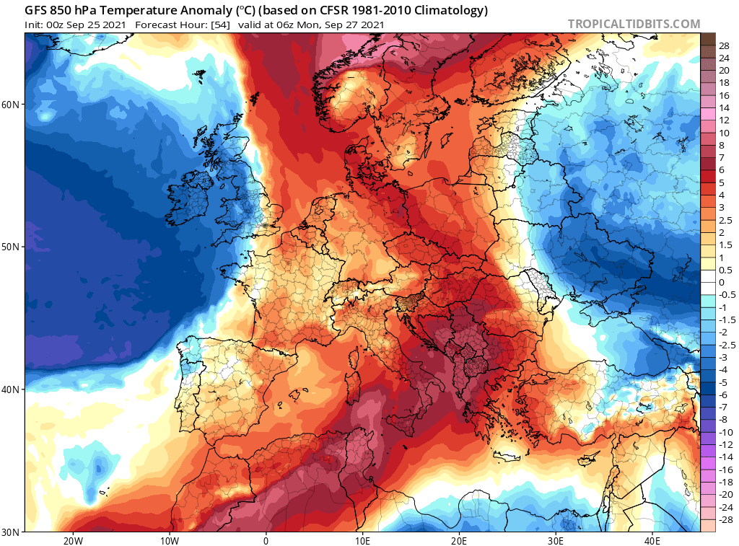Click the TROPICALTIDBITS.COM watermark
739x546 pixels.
click(x=634, y=24)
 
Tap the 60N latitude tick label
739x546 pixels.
click(x=11, y=105)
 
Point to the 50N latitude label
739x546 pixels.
click(x=11, y=247)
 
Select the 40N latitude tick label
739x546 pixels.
click(x=11, y=389)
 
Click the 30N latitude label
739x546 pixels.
click(x=11, y=532)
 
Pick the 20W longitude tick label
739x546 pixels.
click(x=72, y=540)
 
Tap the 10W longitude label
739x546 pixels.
click(x=169, y=540)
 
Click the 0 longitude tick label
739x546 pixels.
click(x=266, y=540)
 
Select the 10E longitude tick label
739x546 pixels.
click(x=362, y=540)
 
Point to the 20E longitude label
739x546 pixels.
click(x=459, y=540)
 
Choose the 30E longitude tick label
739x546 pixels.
click(x=556, y=540)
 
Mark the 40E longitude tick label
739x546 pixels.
click(x=652, y=540)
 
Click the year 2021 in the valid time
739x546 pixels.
click(x=370, y=25)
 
